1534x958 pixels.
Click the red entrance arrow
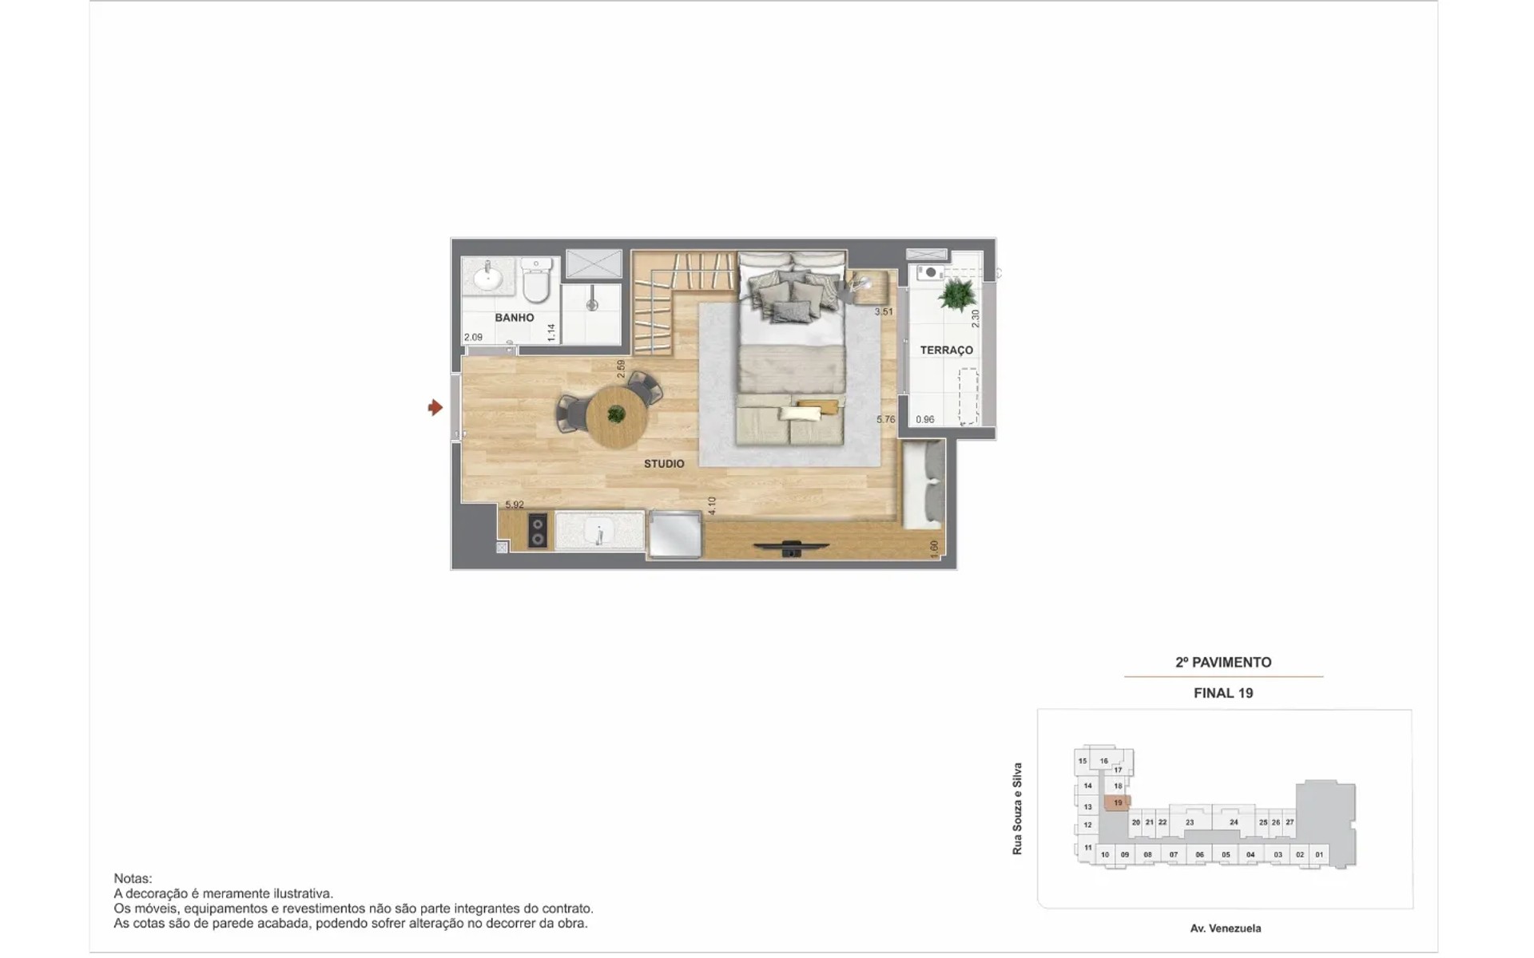point(435,408)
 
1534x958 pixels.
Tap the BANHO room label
point(515,318)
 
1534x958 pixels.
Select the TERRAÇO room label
point(946,350)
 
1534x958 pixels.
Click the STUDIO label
point(664,464)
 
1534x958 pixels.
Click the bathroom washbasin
point(488,278)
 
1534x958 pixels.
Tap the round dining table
point(616,416)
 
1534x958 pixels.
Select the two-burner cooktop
point(538,531)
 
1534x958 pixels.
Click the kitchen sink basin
point(599,530)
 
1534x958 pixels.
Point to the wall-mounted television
point(791,548)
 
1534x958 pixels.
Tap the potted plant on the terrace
point(956,295)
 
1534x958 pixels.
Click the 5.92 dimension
point(515,505)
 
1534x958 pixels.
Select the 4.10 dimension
point(712,505)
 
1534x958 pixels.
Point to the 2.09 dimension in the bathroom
point(473,338)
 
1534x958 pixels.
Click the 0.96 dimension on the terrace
point(925,420)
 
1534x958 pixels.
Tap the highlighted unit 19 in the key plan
point(1117,803)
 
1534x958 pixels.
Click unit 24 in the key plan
point(1234,822)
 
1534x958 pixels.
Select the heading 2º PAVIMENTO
point(1223,663)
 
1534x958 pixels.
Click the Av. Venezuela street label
point(1226,928)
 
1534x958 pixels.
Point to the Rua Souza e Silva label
point(1017,809)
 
